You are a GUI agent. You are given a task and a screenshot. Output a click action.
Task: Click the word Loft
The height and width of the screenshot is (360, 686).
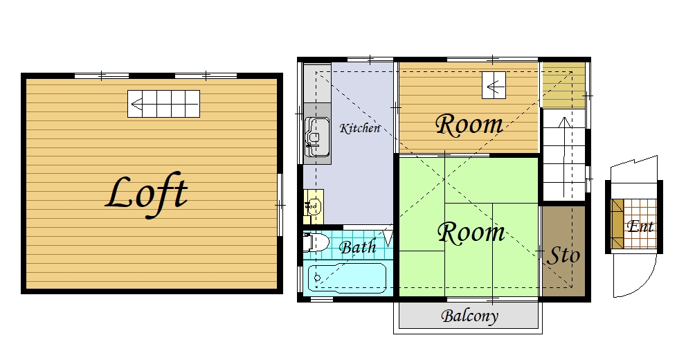[147, 195]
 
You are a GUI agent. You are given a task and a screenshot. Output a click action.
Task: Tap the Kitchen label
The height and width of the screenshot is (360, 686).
[360, 128]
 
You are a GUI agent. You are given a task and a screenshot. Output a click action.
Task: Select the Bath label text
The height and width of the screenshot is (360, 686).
[357, 247]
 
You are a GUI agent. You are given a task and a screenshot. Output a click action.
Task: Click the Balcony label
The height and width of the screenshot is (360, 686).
[469, 316]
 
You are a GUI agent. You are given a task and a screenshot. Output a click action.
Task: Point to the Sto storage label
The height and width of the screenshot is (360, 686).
[563, 255]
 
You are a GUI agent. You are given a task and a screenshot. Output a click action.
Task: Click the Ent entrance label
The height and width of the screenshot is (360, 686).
[640, 226]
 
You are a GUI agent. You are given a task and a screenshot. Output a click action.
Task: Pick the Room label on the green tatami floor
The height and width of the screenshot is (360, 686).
[471, 233]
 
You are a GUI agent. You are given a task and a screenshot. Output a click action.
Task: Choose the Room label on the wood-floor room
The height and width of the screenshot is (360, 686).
[469, 124]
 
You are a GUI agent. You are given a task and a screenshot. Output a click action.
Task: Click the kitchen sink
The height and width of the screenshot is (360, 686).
[317, 137]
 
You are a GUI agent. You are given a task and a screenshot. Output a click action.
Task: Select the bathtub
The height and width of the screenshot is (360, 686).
[347, 278]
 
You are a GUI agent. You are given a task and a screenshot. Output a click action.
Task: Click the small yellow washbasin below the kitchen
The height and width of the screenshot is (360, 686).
[314, 206]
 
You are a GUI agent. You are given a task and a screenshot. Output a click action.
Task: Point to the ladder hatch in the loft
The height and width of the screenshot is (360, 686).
[163, 104]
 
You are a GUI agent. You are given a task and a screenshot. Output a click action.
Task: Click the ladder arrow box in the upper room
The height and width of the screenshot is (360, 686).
[494, 85]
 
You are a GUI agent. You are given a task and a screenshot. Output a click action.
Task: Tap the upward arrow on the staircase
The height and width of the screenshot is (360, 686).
[564, 156]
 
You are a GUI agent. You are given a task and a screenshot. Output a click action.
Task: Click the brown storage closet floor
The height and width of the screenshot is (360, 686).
[563, 251]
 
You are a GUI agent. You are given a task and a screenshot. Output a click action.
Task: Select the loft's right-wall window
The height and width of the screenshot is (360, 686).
[280, 205]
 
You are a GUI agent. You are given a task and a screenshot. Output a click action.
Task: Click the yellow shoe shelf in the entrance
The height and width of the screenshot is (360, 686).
[617, 224]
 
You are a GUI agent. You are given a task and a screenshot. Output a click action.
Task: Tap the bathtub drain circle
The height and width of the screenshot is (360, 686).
[318, 278]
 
